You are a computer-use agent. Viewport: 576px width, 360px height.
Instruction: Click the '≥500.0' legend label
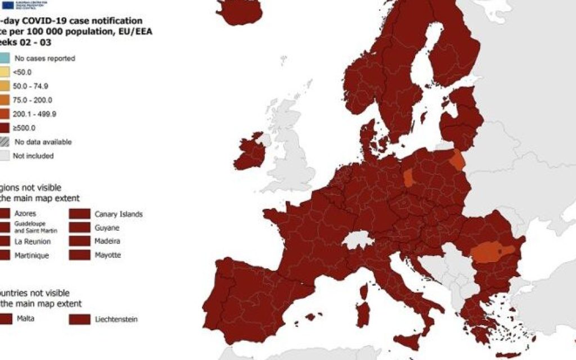[x=25, y=128]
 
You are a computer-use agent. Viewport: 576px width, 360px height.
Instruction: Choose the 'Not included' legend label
[x=34, y=156]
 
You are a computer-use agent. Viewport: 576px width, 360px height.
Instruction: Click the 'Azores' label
[x=25, y=214]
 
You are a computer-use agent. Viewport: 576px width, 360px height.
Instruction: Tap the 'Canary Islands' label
[x=118, y=214]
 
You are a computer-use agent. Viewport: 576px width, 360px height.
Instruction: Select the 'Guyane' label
[x=107, y=228]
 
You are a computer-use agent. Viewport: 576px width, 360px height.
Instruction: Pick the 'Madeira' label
[x=107, y=241]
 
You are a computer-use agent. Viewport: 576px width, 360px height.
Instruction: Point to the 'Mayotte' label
[x=107, y=255]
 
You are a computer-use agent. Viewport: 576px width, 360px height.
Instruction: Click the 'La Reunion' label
[x=33, y=242]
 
